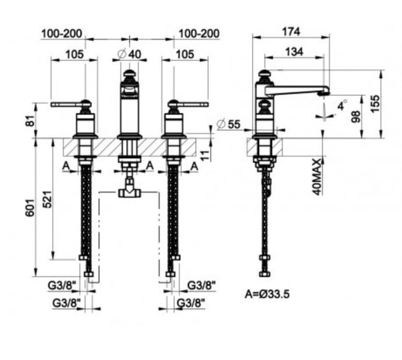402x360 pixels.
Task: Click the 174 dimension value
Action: click(291, 31)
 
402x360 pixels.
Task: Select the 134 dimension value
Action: click(294, 52)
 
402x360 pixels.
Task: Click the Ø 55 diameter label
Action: click(228, 124)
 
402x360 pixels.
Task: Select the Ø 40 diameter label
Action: click(129, 54)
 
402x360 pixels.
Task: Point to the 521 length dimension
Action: click(49, 199)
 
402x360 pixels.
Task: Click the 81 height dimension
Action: click(31, 122)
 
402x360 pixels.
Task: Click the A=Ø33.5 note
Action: click(267, 294)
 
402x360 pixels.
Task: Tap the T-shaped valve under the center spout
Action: click(129, 191)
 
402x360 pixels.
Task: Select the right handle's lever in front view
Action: click(194, 105)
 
